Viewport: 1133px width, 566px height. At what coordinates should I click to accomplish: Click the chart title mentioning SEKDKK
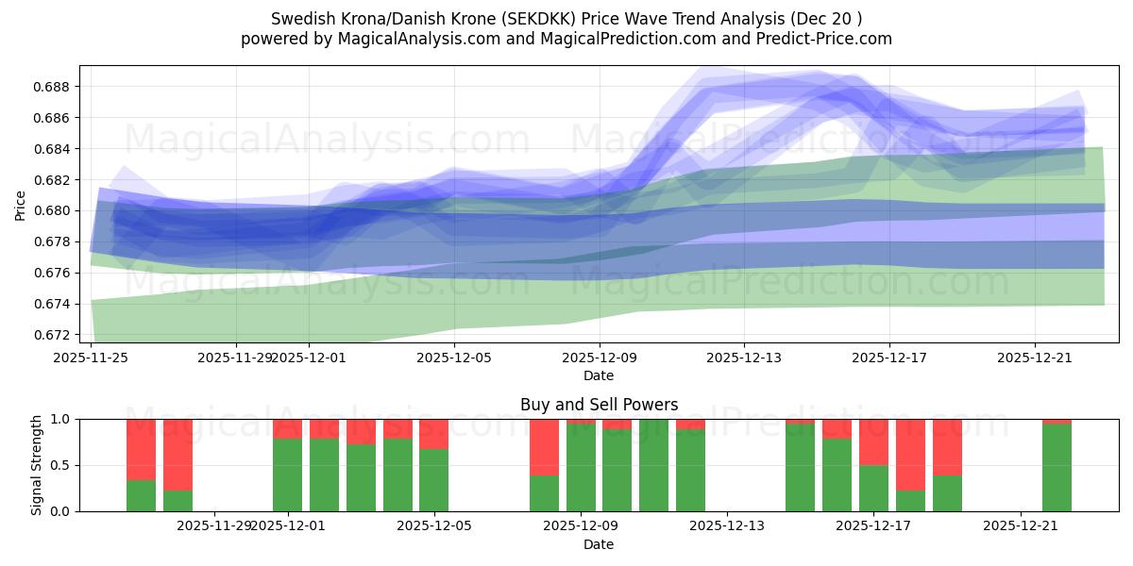[x=566, y=19]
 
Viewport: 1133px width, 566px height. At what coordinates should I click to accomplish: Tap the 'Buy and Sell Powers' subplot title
[x=599, y=405]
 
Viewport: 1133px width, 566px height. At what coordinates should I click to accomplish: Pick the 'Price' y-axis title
[x=21, y=205]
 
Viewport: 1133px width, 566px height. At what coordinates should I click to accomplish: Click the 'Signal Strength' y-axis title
[x=36, y=465]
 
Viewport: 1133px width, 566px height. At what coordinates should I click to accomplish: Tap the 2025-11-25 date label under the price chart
[x=91, y=358]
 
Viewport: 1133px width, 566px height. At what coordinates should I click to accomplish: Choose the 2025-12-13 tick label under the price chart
[x=744, y=358]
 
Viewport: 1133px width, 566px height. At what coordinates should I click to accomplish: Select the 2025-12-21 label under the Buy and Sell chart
[x=1021, y=525]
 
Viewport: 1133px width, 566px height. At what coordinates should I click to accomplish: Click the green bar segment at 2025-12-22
[x=1057, y=467]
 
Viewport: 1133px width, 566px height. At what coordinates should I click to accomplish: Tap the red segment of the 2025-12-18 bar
[x=910, y=454]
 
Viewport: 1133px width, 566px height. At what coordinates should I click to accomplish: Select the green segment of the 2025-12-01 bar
[x=287, y=474]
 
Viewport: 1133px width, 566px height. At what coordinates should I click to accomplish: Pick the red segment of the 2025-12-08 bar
[x=544, y=446]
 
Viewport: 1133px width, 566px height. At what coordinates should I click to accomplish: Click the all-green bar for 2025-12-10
[x=653, y=465]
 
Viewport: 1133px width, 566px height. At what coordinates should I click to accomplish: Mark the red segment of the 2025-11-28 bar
[x=178, y=454]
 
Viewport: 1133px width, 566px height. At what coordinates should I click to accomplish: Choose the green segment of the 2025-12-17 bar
[x=873, y=488]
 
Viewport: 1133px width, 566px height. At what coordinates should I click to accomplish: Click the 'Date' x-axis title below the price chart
[x=599, y=375]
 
